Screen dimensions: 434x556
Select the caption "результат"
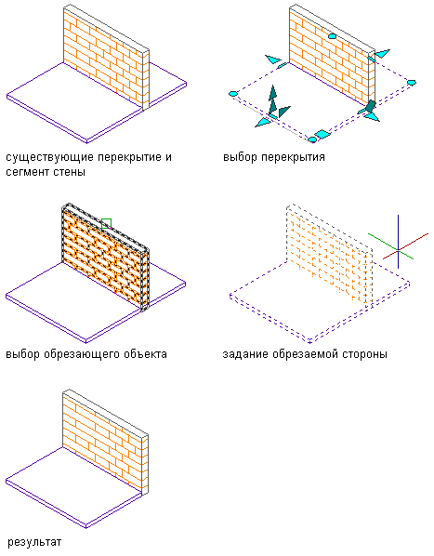34,543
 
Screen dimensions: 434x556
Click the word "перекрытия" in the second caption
293,157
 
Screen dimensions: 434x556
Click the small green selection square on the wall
106,224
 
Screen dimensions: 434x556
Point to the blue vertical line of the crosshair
398,242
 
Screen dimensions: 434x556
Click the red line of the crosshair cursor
406,246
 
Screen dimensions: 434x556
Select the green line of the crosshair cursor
390,246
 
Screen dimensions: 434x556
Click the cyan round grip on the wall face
332,36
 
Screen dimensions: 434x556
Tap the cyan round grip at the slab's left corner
233,94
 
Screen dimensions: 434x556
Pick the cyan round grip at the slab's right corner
411,83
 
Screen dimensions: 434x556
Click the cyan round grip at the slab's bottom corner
312,139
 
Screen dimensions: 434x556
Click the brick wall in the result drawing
106,442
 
